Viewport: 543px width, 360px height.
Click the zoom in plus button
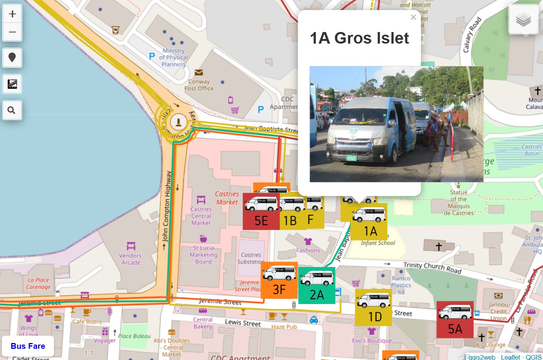click(12, 14)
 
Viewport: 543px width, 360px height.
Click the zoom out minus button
click(12, 32)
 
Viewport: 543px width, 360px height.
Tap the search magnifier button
click(12, 110)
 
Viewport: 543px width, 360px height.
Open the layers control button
click(523, 19)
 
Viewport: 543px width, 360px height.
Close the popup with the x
click(413, 17)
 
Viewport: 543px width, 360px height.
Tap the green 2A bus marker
click(317, 286)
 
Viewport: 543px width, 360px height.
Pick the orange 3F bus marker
click(279, 281)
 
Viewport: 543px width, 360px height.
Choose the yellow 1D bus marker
click(373, 308)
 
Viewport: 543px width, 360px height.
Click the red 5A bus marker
click(455, 320)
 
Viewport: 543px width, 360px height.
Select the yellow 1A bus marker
click(369, 222)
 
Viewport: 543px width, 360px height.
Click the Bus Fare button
click(28, 346)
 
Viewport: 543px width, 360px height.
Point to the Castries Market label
click(227, 198)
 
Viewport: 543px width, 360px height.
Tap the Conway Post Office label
click(199, 85)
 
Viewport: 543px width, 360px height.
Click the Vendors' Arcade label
click(131, 259)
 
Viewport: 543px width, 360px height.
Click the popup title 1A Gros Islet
click(359, 38)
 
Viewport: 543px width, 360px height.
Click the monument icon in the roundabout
click(178, 122)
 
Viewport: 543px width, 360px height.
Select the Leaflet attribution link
click(510, 357)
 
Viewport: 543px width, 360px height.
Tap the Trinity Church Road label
click(432, 267)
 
